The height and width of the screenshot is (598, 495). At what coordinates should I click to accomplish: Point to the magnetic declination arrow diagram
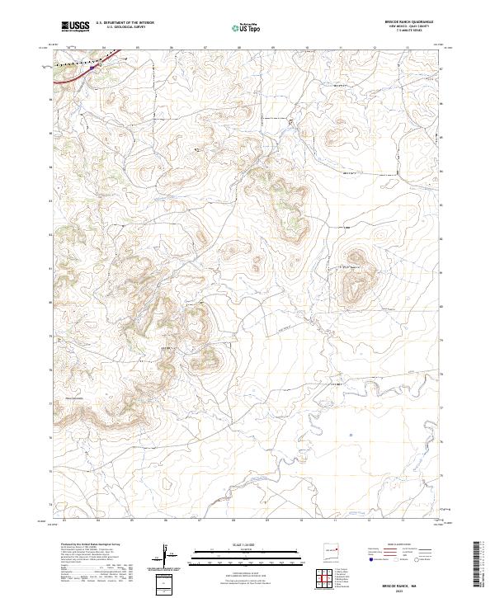click(x=167, y=556)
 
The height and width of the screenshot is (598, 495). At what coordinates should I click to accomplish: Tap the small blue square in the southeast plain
click(x=351, y=435)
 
